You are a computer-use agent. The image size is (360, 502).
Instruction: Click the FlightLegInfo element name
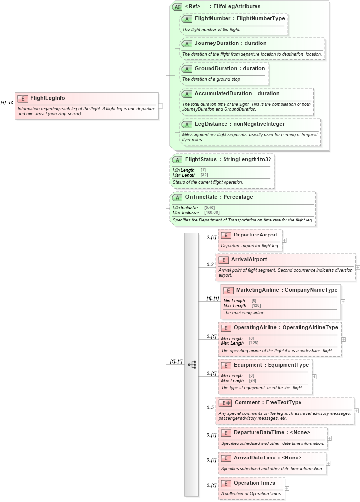click(47, 98)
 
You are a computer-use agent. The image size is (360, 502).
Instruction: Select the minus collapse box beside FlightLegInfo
click(161, 106)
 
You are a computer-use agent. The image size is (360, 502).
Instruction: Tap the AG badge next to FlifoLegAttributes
click(177, 7)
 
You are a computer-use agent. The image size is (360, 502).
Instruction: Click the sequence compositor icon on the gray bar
click(192, 365)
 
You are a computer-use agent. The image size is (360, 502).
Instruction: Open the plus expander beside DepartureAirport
click(285, 240)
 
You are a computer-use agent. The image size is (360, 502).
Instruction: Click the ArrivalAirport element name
click(249, 260)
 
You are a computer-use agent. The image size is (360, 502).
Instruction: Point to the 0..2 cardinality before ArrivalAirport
click(210, 265)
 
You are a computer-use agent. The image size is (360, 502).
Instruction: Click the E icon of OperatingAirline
click(225, 328)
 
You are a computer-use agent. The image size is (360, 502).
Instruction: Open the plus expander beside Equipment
click(315, 376)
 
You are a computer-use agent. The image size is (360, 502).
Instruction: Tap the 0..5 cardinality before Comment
click(210, 408)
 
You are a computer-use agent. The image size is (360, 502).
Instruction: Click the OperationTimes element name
click(255, 483)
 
